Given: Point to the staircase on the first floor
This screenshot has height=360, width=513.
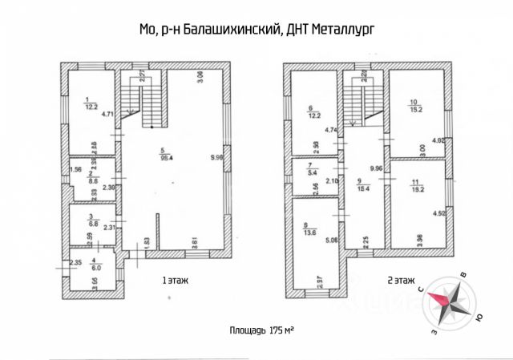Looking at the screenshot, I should pos(143,103).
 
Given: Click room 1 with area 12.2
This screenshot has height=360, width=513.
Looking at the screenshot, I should pos(90,105).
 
